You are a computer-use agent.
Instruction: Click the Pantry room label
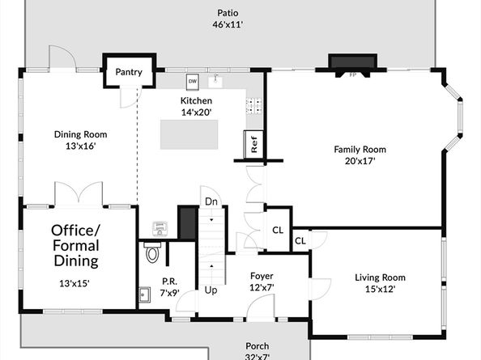[x=129, y=72]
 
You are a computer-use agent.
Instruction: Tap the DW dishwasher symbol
[x=193, y=82]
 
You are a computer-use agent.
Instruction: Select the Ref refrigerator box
[x=253, y=145]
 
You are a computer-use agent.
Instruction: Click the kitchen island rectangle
[x=189, y=134]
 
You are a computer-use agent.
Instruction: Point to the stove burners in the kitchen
[x=254, y=105]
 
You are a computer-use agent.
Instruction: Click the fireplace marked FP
[x=352, y=66]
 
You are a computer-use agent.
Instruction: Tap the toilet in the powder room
[x=152, y=252]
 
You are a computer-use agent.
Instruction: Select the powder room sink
[x=144, y=294]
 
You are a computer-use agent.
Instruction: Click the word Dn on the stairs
[x=211, y=201]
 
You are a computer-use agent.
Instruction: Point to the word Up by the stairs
[x=211, y=290]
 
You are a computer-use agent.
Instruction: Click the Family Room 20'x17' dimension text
[x=360, y=161]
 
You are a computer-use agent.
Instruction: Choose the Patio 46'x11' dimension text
[x=228, y=24]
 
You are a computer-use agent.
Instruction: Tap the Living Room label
[x=380, y=277]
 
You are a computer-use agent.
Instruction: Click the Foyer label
[x=262, y=276]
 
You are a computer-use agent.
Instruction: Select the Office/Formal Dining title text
[x=76, y=246]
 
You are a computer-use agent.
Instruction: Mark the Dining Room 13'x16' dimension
[x=81, y=146]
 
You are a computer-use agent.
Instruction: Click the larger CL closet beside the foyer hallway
[x=278, y=230]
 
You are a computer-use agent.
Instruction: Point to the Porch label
[x=258, y=346]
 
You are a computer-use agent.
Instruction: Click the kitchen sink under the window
[x=216, y=81]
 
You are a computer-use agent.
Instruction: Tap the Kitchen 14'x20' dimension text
[x=196, y=112]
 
